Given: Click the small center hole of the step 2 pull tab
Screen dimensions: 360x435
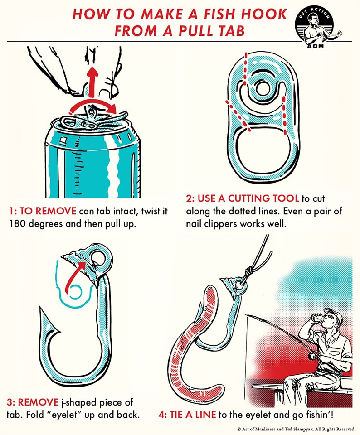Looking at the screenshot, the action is [261, 88].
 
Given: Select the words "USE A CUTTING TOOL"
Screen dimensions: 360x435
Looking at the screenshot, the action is [248, 198].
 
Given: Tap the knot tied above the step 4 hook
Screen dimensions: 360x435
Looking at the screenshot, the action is [249, 271].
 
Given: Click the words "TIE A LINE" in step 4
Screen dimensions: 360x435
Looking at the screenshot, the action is [193, 415].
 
